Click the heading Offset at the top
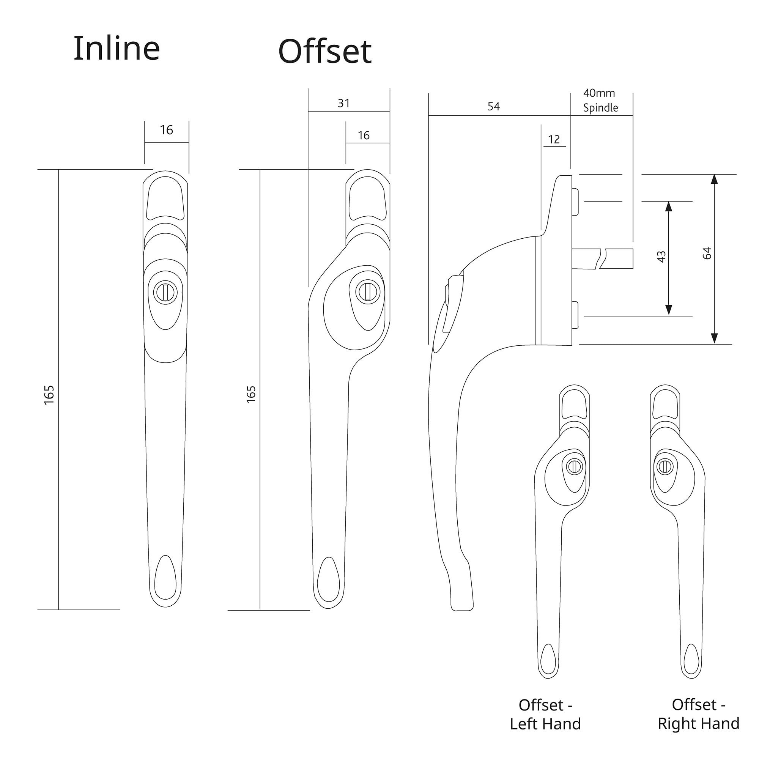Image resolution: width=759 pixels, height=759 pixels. (x=324, y=52)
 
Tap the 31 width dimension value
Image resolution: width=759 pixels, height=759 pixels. (x=344, y=103)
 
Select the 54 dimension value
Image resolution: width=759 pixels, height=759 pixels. (x=493, y=106)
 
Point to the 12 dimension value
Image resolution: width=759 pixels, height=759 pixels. (x=554, y=139)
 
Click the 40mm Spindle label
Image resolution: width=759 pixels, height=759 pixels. (x=600, y=100)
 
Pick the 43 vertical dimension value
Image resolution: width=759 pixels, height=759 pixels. (x=661, y=257)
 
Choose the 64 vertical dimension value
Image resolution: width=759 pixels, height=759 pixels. (x=707, y=254)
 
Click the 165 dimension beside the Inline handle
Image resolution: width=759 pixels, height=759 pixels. (x=49, y=395)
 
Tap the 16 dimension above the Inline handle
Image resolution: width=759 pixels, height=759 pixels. (x=166, y=130)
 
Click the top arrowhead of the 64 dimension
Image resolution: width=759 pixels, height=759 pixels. (x=715, y=179)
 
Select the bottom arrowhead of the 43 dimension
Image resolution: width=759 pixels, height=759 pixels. (x=669, y=310)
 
